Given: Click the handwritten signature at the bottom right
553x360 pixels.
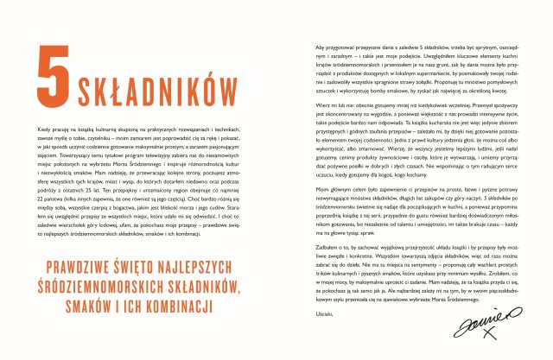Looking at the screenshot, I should point(480,327).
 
